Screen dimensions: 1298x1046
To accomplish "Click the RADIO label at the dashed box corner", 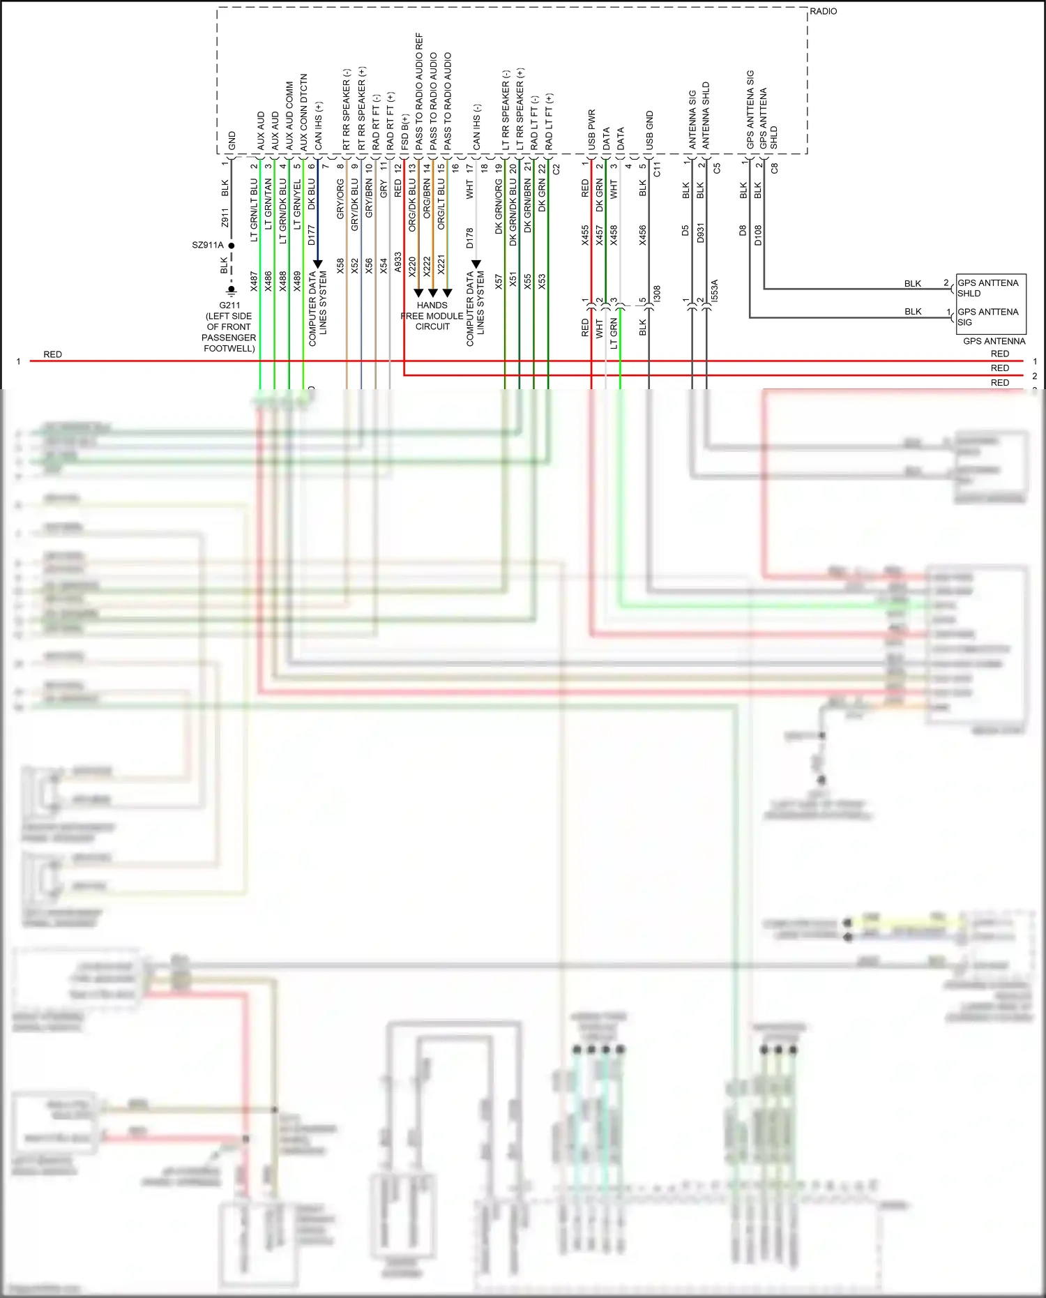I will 823,12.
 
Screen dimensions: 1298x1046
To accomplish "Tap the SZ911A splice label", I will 208,246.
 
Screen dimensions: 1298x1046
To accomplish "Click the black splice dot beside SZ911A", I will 232,246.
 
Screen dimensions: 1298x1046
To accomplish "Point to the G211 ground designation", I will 229,305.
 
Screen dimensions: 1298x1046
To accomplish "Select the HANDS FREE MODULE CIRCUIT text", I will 432,316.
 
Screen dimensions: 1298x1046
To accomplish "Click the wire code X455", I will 585,235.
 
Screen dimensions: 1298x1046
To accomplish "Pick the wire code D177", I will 312,235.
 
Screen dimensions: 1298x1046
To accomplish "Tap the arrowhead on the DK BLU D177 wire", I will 318,264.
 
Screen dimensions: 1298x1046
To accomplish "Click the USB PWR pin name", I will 592,130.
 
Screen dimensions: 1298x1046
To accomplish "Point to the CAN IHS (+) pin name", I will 319,126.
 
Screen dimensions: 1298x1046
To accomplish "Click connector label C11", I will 657,169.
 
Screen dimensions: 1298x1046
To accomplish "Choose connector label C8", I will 774,169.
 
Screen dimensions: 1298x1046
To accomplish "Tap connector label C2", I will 556,169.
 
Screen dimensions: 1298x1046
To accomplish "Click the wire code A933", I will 397,262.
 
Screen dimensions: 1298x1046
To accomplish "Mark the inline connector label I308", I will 657,294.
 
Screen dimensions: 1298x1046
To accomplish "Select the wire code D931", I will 700,233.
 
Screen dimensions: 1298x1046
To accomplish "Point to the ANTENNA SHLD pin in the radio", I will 706,116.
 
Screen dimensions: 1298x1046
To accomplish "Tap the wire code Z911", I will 225,218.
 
